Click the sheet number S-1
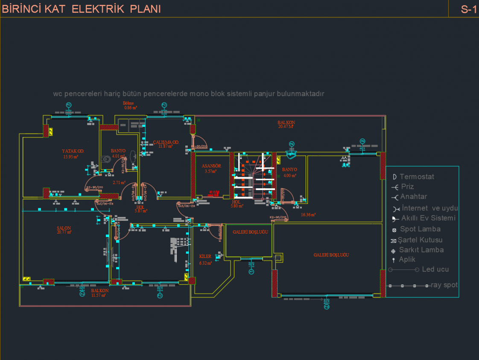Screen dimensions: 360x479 tap(468, 9)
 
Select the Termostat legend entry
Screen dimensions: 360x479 tap(417, 176)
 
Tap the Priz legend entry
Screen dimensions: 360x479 tap(407, 187)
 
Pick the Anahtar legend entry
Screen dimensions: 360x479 tap(413, 197)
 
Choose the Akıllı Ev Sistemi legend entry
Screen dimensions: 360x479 tap(428, 218)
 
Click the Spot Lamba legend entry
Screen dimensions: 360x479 tap(420, 229)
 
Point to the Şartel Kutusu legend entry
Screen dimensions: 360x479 tap(420, 240)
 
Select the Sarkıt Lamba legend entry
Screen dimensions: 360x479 tap(421, 250)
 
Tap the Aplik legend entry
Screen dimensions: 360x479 tap(407, 260)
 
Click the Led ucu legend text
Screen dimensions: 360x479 tap(435, 269)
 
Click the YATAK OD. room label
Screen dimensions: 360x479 tap(73, 151)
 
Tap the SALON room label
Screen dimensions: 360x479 tap(64, 228)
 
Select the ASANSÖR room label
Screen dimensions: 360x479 tap(211, 166)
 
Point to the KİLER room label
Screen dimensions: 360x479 tap(205, 256)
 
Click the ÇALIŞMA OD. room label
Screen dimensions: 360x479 tap(166, 142)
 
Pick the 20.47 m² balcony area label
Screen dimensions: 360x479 tap(286, 126)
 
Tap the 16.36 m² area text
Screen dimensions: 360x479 tap(308, 215)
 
